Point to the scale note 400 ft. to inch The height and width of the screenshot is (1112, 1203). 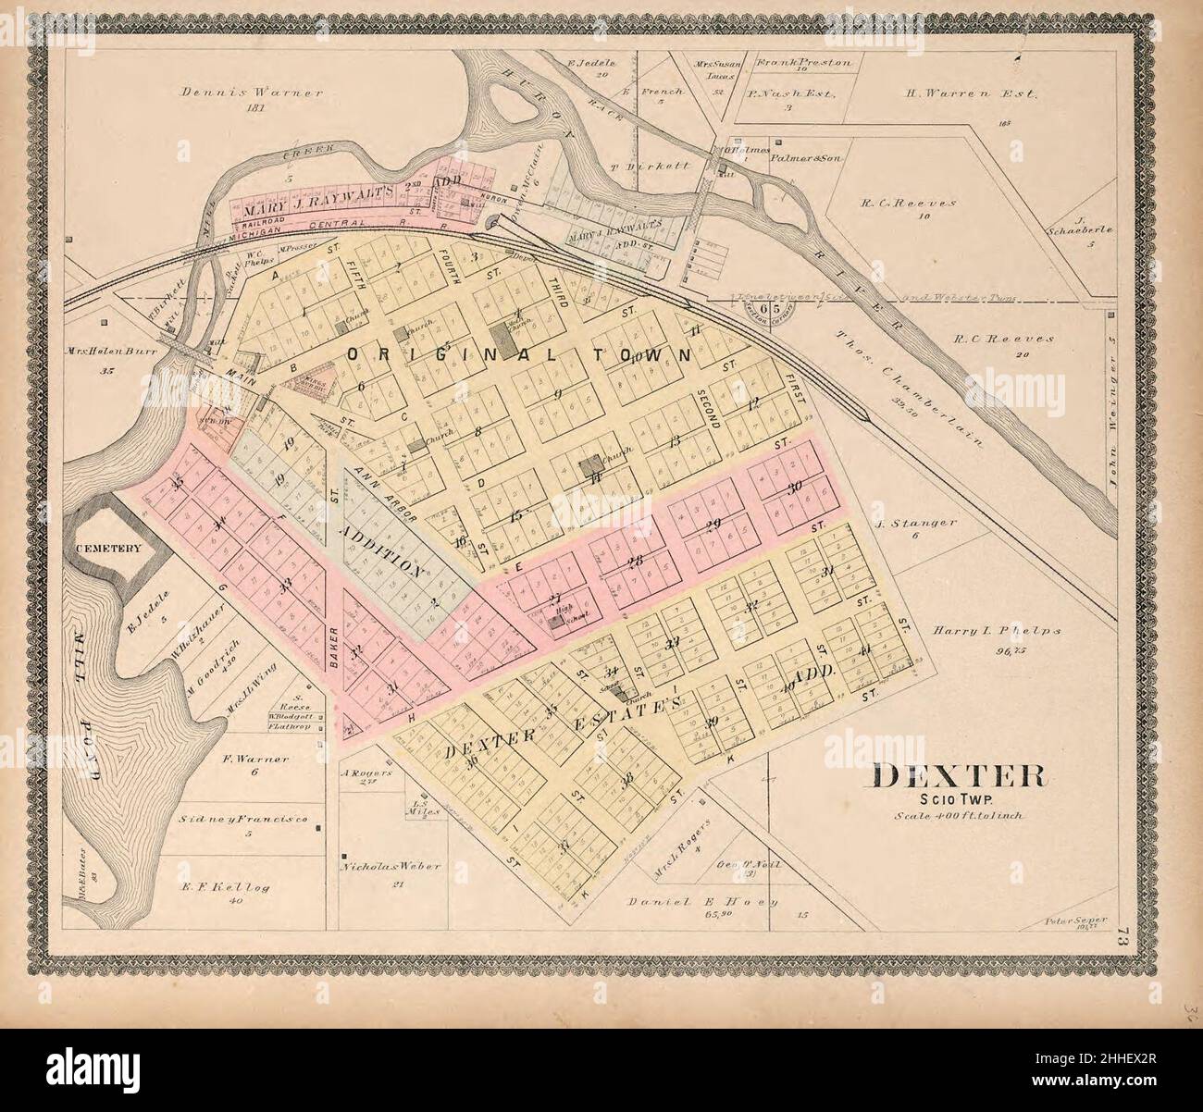[955, 817]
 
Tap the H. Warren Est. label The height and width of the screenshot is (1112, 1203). [972, 93]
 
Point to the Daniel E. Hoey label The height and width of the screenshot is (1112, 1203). [703, 901]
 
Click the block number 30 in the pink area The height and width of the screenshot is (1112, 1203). [794, 488]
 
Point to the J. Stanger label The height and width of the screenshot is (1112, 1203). [915, 524]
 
